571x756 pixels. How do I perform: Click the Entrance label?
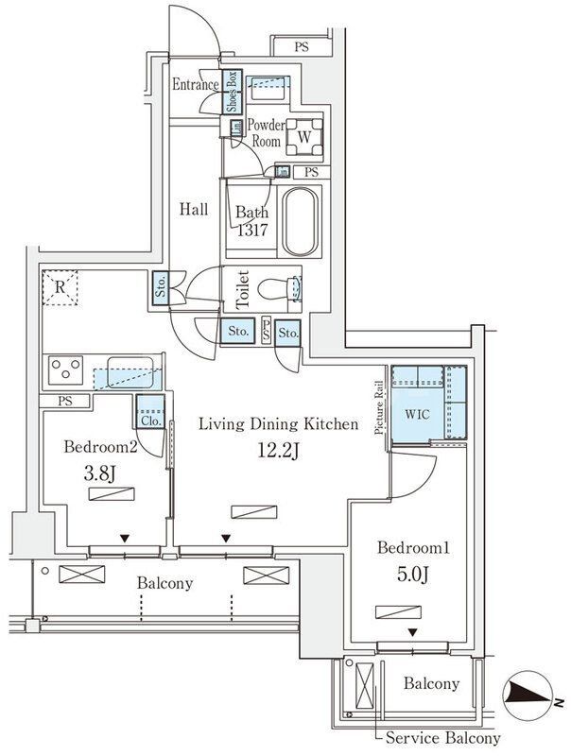pyautogui.click(x=196, y=85)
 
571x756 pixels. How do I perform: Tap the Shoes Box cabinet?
pyautogui.click(x=230, y=92)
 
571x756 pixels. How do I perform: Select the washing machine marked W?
pyautogui.click(x=303, y=136)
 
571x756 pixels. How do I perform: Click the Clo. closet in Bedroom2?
pyautogui.click(x=150, y=412)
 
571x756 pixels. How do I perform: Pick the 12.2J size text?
pyautogui.click(x=278, y=452)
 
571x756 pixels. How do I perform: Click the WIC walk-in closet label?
pyautogui.click(x=417, y=414)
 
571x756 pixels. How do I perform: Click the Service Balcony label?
pyautogui.click(x=438, y=738)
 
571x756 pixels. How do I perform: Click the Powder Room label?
pyautogui.click(x=267, y=131)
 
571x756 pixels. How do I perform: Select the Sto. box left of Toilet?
pyautogui.click(x=160, y=288)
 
